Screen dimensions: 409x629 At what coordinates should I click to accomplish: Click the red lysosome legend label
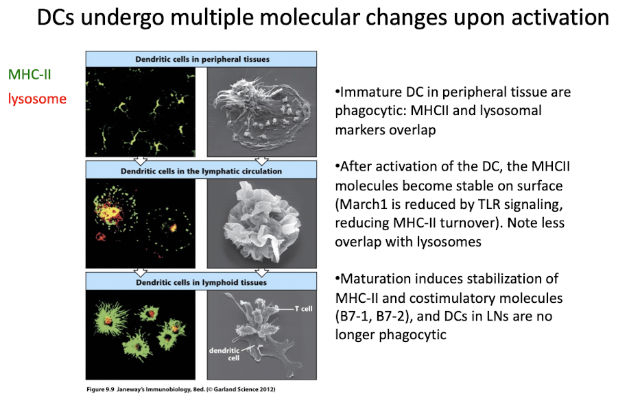37,99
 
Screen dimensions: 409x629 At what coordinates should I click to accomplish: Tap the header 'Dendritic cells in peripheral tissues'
201,59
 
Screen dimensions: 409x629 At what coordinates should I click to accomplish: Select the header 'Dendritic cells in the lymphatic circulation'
201,170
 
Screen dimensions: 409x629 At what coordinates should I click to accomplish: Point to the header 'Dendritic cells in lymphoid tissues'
201,281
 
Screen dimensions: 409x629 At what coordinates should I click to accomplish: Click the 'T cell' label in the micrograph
302,308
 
